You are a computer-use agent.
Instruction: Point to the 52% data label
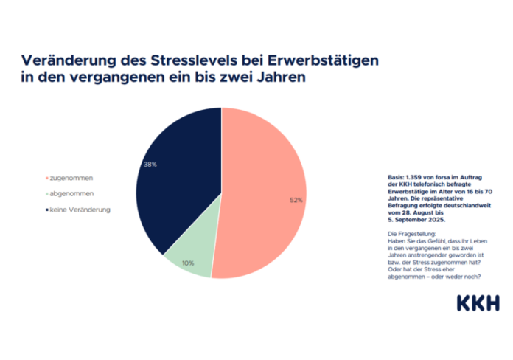pyautogui.click(x=296, y=200)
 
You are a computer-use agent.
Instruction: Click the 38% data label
pyautogui.click(x=150, y=165)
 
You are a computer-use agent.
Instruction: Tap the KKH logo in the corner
pyautogui.click(x=477, y=303)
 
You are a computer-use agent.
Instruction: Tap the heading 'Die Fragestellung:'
pyautogui.click(x=411, y=232)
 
